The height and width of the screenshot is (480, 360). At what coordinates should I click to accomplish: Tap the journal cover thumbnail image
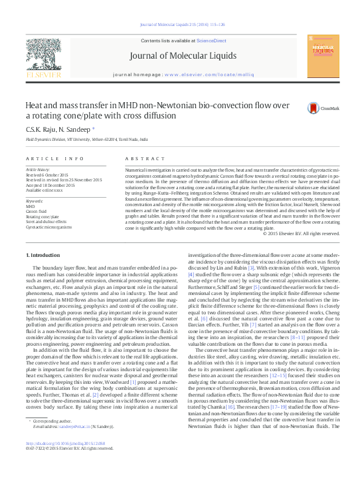[x=321, y=56]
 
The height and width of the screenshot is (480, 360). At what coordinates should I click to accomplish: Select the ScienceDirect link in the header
[x=211, y=41]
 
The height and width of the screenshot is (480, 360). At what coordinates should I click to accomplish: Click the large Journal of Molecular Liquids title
[x=183, y=57]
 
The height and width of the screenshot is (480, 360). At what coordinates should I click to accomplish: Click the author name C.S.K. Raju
[x=40, y=129]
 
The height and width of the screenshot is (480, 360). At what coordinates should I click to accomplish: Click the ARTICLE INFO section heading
[x=54, y=158]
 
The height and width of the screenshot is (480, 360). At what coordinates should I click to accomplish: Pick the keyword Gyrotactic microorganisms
[x=48, y=227]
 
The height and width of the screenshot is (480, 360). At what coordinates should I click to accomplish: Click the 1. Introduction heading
[x=45, y=256]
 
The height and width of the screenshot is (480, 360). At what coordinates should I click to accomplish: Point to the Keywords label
[x=35, y=201]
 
